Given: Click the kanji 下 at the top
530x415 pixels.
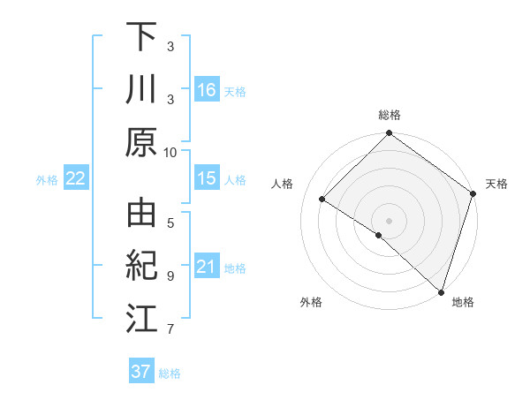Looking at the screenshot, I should [141, 38].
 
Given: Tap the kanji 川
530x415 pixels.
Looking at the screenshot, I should [141, 90].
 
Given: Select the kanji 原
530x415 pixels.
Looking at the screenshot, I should [141, 141].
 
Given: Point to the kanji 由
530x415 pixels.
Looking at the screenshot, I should [141, 215].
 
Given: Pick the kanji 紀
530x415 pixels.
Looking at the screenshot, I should [141, 266].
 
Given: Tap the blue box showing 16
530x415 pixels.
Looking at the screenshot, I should [207, 89].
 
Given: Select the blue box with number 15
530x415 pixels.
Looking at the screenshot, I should [207, 178].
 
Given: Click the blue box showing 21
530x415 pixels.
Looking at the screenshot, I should [207, 267].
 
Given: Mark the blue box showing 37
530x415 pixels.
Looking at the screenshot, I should [141, 372].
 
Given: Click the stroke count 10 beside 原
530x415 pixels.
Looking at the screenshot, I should [170, 153].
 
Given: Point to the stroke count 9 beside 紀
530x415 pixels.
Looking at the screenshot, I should [170, 275].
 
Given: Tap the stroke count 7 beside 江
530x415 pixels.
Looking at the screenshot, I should [170, 329].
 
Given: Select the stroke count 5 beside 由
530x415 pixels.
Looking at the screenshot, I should [170, 223].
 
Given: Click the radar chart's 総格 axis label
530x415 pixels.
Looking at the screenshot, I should [390, 115].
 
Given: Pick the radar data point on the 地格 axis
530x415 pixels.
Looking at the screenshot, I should [441, 290].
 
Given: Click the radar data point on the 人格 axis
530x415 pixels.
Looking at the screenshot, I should [322, 199].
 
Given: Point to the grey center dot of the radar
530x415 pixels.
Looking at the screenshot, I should [390, 220].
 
